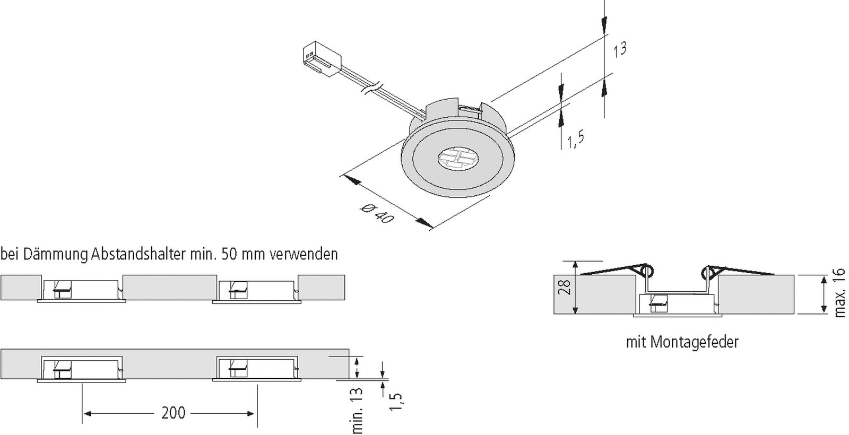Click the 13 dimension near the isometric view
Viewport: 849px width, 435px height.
[x=619, y=50]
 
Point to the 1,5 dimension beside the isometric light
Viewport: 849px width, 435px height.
[x=576, y=141]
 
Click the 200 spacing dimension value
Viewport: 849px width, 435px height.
[x=173, y=413]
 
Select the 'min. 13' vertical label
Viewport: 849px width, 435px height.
[x=358, y=411]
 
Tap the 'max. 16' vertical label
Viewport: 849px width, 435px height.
[x=839, y=293]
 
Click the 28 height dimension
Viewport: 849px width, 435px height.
[x=566, y=287]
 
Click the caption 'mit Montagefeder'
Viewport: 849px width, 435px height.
[x=682, y=342]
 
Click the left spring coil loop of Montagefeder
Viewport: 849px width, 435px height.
[x=646, y=271]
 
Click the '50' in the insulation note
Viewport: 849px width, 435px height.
[x=229, y=254]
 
